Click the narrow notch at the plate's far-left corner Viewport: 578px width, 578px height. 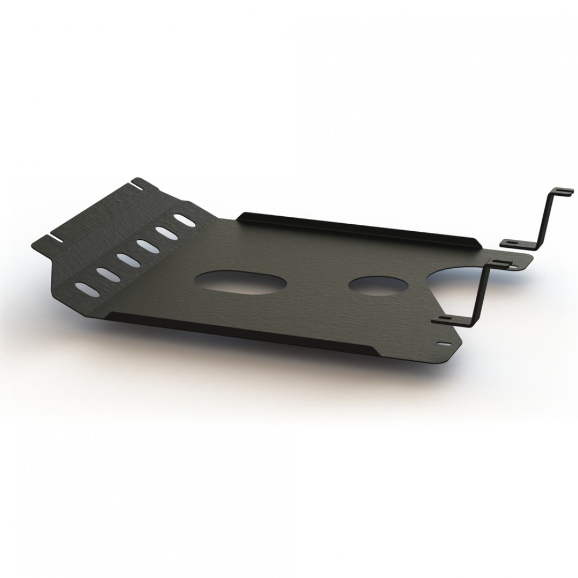pyautogui.click(x=55, y=235)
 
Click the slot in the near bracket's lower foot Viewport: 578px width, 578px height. pyautogui.click(x=445, y=319)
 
